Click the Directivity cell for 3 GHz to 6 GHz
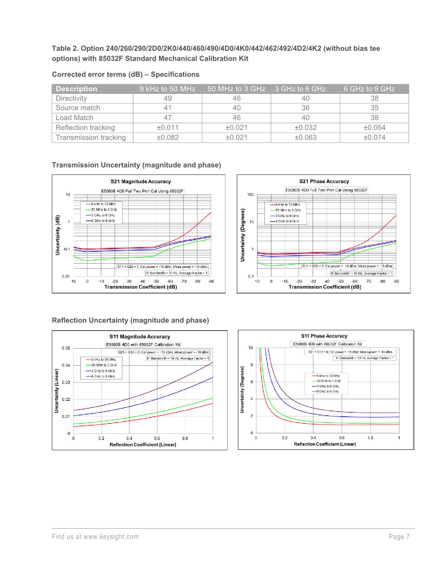pos(305,98)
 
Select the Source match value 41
pos(167,108)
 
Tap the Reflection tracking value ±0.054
pos(374,128)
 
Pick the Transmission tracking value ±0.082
pos(167,137)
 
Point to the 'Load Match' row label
pos(74,118)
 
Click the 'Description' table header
pos(77,89)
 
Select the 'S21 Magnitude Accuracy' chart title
pos(141,181)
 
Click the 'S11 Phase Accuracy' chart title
pos(324,336)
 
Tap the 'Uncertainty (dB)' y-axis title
pos(58,235)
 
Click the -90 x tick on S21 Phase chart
pos(396,281)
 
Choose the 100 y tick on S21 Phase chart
pos(250,194)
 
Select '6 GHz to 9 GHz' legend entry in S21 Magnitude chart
pos(103,221)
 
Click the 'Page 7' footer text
pos(399,537)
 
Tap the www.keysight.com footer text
pos(111,537)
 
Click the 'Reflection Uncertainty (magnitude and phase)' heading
pos(130,320)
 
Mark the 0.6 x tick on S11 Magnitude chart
pos(157,438)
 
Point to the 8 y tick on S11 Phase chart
pos(252,365)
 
